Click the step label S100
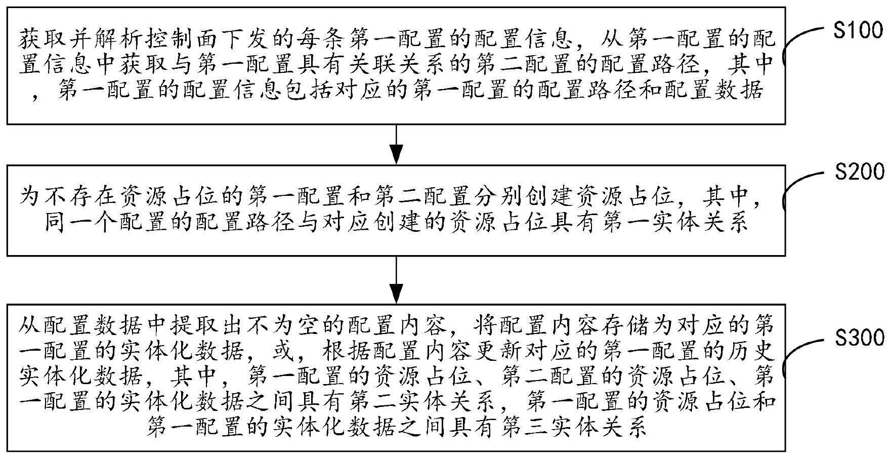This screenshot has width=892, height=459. [x=858, y=31]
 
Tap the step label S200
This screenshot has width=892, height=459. [x=858, y=172]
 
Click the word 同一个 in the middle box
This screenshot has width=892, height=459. [x=70, y=223]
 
